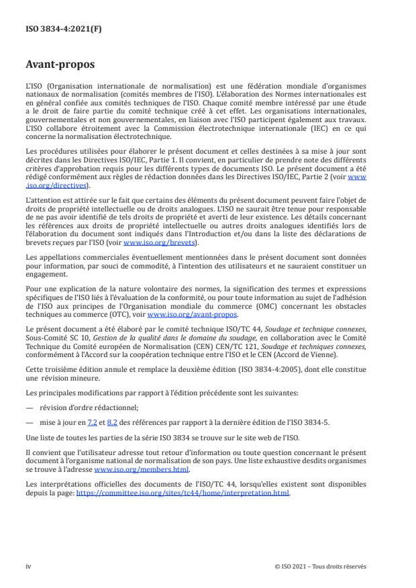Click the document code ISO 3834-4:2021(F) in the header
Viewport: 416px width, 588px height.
(x=55, y=30)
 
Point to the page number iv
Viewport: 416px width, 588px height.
(x=28, y=566)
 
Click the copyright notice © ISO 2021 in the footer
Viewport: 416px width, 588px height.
(x=321, y=566)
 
